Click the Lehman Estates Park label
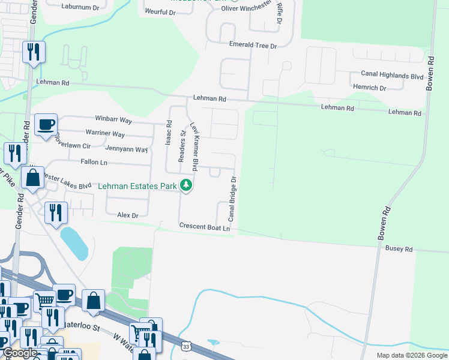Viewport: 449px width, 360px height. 137,187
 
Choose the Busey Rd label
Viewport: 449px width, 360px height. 399,248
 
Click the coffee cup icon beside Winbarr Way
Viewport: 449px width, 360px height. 46,125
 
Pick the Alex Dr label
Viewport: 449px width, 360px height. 128,215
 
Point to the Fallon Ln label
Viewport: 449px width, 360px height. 94,162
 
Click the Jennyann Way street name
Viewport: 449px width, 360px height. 126,149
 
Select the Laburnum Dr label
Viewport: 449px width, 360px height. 80,7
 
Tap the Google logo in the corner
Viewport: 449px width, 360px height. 20,353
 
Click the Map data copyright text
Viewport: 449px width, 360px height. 411,355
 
